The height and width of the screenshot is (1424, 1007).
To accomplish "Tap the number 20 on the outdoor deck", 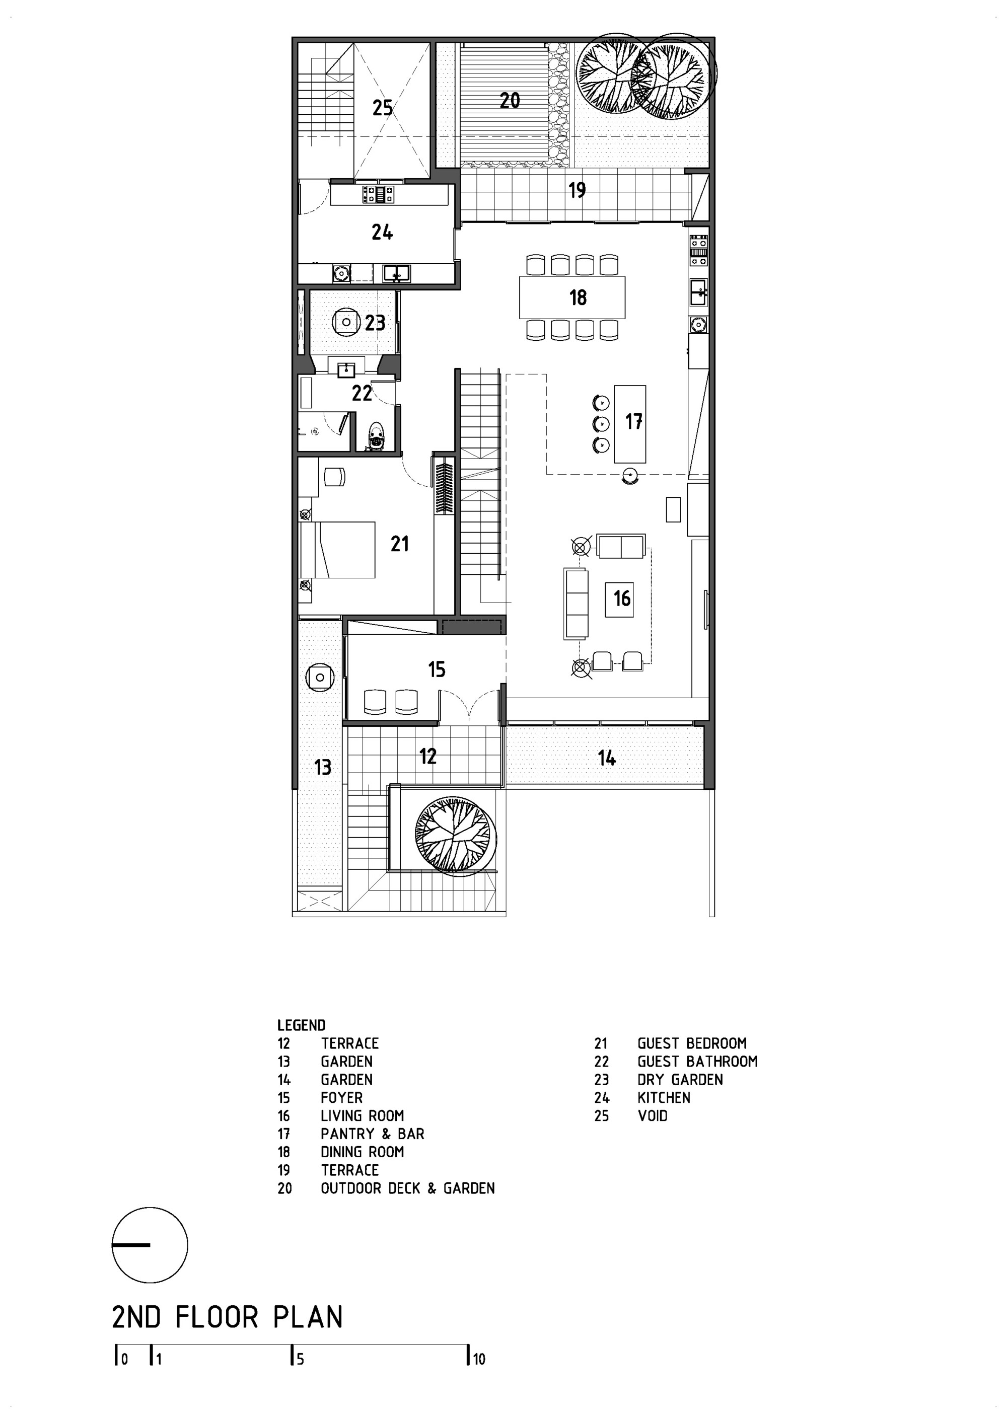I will click(x=510, y=101).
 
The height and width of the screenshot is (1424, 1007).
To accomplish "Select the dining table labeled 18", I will click(x=571, y=297).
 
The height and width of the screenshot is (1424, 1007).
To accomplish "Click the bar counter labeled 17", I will click(x=630, y=424).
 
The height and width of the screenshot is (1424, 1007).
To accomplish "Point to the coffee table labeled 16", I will click(x=620, y=598).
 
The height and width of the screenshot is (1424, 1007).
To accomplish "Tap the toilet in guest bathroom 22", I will click(x=375, y=435).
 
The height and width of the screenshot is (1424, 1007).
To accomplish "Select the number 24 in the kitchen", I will click(x=382, y=233).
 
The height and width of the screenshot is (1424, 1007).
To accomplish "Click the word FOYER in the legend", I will click(x=341, y=1097).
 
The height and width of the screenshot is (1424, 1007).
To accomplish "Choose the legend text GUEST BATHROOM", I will click(x=697, y=1061).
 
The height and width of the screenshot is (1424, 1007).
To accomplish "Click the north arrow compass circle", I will click(x=150, y=1245).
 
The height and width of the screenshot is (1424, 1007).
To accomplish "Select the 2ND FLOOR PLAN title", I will click(x=227, y=1318).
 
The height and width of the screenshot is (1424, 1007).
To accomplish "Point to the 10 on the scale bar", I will click(x=478, y=1360).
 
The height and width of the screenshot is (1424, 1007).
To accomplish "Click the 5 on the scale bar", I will click(x=300, y=1360).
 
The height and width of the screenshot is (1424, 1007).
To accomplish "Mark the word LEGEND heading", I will click(x=301, y=1025).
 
